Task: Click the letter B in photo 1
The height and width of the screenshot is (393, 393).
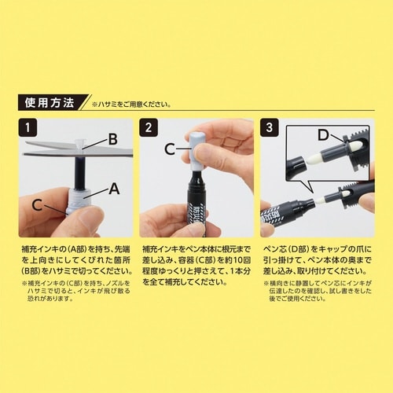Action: pyautogui.click(x=112, y=139)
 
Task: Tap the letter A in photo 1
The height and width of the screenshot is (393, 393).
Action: pyautogui.click(x=113, y=188)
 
